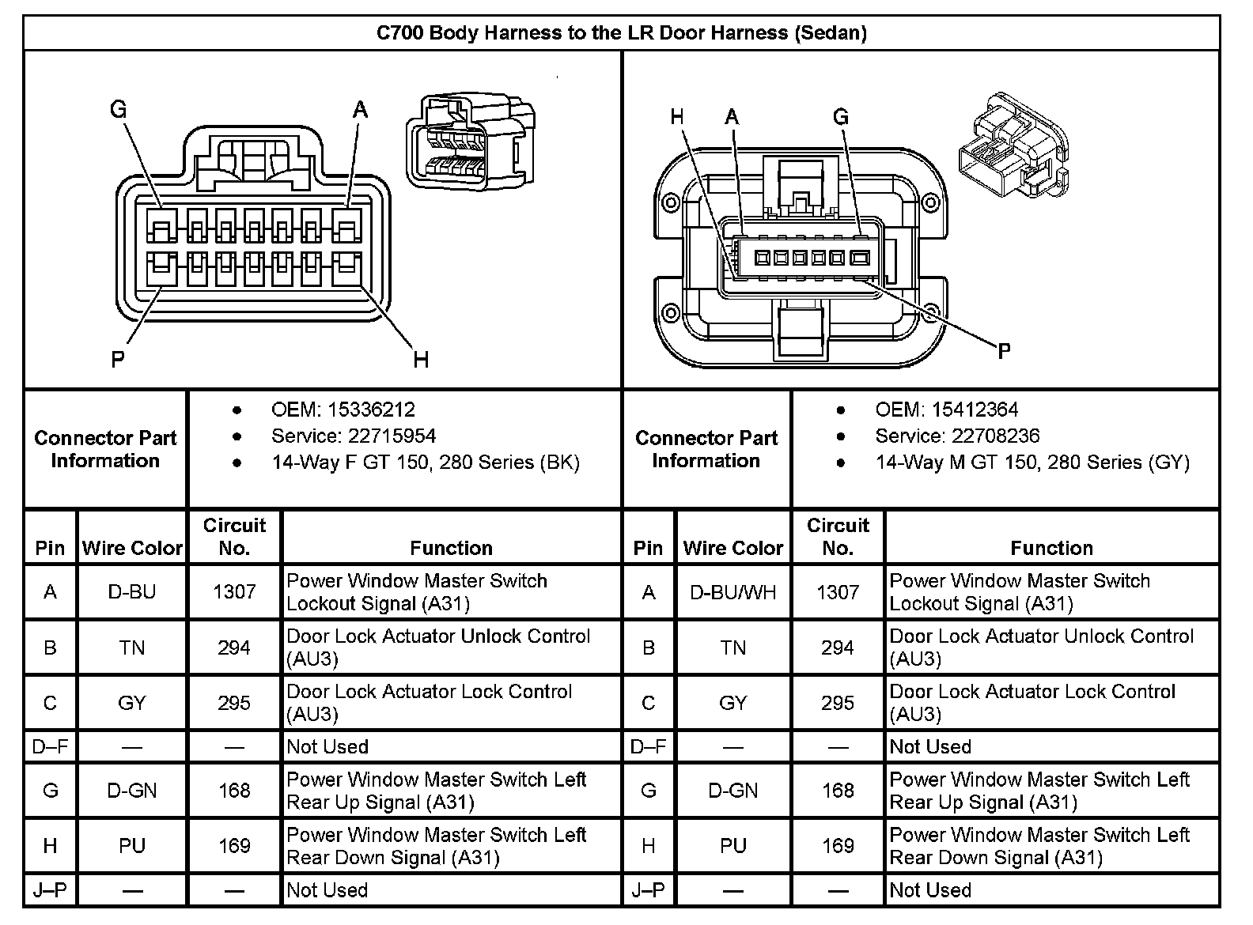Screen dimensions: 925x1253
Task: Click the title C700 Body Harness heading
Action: tap(621, 33)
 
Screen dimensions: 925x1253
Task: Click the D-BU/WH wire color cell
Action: tap(732, 592)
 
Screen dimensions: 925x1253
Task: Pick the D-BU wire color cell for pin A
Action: tap(131, 592)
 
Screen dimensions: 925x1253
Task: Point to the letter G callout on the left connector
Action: tap(118, 109)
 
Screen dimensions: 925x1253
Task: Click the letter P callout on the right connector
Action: tap(1004, 350)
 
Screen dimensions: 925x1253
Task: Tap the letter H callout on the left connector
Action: tap(421, 361)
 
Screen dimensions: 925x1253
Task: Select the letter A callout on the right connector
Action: tap(732, 118)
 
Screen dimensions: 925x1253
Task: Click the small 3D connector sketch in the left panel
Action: tap(471, 142)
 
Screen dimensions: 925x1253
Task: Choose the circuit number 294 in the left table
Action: tap(234, 647)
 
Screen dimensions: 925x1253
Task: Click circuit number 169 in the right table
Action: tap(837, 846)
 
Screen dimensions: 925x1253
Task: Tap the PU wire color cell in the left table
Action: tap(131, 846)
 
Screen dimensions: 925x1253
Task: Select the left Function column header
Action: tap(451, 548)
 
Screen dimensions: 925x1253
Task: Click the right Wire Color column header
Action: tap(732, 548)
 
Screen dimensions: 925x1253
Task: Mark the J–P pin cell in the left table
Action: tap(50, 890)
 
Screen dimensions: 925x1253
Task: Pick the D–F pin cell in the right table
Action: tap(648, 746)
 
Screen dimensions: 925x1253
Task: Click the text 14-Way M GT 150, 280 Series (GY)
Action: tap(1032, 462)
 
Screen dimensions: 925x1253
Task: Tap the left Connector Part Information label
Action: tap(105, 449)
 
